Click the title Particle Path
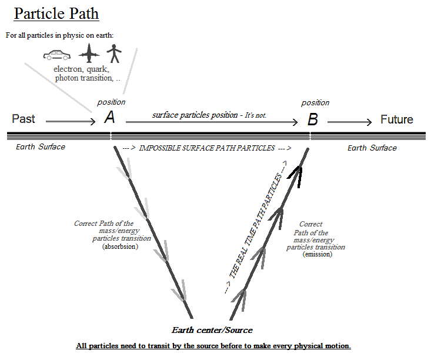point(56,14)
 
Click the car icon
point(57,55)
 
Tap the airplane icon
point(89,55)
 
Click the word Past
point(24,119)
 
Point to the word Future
point(396,119)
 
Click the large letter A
point(109,118)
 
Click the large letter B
point(313,120)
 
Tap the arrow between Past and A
point(70,122)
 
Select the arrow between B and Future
point(349,122)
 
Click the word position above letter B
point(315,103)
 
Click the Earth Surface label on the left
point(41,146)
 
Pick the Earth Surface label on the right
point(372,148)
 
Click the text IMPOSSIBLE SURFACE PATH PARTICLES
point(206,148)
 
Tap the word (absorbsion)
point(121,246)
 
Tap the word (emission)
point(317,254)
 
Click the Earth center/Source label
point(212,330)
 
